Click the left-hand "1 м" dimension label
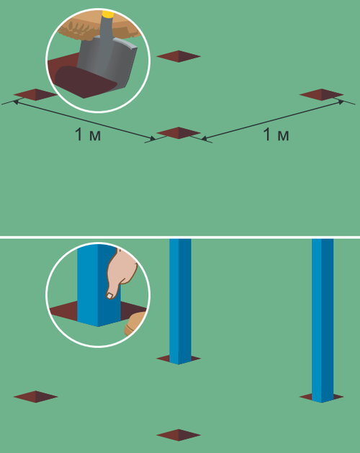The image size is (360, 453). (88, 135)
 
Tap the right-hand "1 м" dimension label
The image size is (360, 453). (276, 135)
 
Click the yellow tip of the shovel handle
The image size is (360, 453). (108, 14)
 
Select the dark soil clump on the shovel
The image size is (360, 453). (84, 81)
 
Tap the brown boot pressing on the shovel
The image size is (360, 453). (98, 27)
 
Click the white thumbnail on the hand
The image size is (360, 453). (109, 295)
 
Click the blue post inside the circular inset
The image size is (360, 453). (98, 286)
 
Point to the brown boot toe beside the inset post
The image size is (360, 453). (135, 323)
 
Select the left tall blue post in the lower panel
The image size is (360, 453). (180, 301)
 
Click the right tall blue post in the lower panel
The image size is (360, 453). (323, 320)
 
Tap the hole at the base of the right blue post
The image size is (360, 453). (321, 397)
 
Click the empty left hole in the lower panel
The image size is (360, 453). (35, 397)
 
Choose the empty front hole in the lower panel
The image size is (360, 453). (179, 435)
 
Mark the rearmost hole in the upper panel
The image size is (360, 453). (179, 56)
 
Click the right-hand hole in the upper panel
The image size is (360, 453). (321, 95)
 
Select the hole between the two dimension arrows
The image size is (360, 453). (179, 133)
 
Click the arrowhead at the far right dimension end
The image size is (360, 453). (341, 102)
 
